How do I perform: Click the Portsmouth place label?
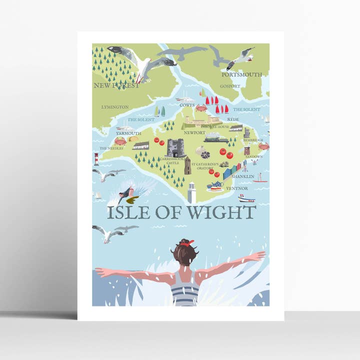241,74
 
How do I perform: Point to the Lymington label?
114,107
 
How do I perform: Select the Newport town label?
194,133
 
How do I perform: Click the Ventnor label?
236,188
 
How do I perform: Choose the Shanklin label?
243,176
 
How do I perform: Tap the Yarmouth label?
128,133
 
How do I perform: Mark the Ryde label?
233,119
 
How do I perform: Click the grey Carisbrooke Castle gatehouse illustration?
175,147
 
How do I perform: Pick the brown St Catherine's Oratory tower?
187,166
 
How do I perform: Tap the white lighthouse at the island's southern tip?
191,192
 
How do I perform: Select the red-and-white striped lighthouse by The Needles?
96,159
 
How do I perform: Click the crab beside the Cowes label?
201,108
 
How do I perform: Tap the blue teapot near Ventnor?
215,185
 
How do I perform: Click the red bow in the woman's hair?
187,243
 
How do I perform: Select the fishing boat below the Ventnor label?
246,198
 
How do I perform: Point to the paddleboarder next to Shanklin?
260,176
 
